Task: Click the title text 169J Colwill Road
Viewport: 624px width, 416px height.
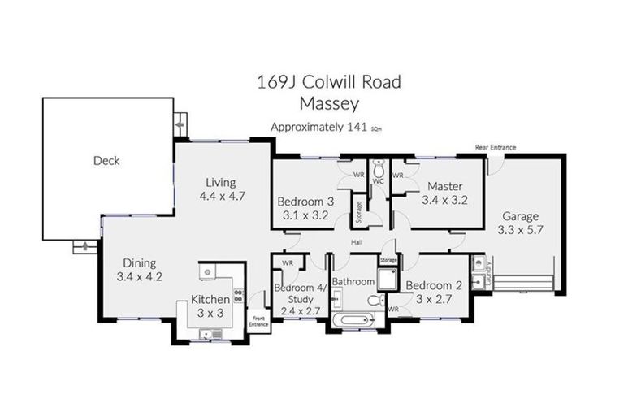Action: (x=328, y=82)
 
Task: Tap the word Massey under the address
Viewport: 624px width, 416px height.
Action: (x=328, y=103)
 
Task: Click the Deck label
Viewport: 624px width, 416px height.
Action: (x=106, y=161)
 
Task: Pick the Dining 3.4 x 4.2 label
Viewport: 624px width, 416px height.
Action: (x=140, y=270)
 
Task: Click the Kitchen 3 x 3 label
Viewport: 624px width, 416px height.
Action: (x=210, y=305)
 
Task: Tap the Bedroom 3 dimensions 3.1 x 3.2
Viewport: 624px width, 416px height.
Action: (x=304, y=215)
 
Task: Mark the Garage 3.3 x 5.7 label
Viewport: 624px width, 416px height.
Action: (x=520, y=223)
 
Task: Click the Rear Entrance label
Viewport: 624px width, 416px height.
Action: (x=496, y=148)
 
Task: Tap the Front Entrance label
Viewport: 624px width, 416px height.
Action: (x=259, y=321)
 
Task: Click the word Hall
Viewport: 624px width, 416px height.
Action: (x=356, y=242)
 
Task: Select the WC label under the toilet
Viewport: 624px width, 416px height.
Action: (x=378, y=180)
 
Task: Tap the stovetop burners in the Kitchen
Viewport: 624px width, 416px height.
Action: (x=238, y=297)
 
